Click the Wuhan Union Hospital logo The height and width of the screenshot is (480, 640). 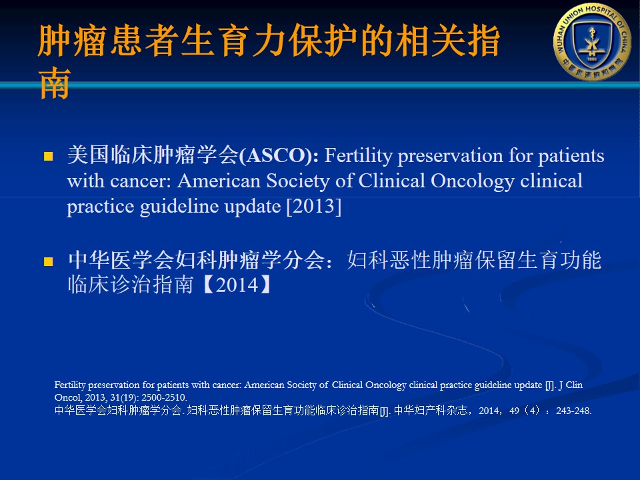(592, 41)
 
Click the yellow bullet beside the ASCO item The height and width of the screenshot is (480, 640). (48, 156)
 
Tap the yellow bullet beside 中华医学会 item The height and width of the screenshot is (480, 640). (48, 261)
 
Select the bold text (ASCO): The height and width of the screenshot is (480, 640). (279, 156)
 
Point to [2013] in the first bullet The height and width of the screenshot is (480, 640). (314, 207)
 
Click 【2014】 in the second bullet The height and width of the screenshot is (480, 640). (237, 285)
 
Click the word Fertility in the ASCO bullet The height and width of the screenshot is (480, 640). (359, 156)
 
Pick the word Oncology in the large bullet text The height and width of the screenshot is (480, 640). (472, 181)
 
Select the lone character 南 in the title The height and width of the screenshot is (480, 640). (55, 83)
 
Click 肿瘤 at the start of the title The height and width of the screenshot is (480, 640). (72, 41)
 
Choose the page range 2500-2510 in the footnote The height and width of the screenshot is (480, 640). (164, 397)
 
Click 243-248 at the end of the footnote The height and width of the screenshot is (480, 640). (573, 411)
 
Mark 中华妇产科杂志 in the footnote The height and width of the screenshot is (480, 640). (431, 410)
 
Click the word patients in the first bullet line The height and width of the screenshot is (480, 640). (571, 156)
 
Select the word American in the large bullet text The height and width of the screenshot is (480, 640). (219, 181)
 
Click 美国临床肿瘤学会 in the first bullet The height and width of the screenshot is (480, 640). (153, 155)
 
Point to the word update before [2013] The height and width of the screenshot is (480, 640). (253, 207)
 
